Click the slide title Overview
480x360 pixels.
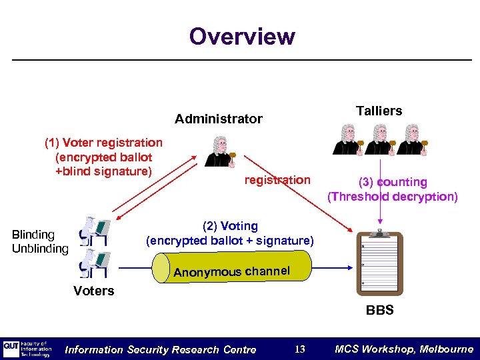241,36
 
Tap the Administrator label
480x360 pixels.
219,119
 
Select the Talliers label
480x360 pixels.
379,111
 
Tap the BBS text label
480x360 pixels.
379,310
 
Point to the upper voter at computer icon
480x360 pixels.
93,231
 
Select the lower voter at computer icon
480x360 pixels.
93,263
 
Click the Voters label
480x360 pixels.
94,291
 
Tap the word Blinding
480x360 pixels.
33,235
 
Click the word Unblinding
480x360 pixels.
40,249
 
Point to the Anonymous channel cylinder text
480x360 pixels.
231,271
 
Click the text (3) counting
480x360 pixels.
393,182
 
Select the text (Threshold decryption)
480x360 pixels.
393,197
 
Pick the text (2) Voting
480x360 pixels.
229,226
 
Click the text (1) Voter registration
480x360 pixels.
103,143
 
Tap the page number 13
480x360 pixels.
300,349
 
